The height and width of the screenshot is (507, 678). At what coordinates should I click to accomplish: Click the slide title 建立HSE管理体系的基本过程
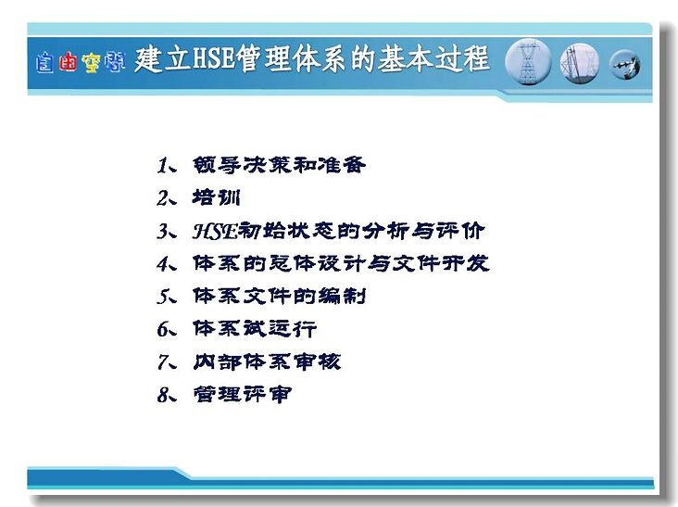pyautogui.click(x=312, y=58)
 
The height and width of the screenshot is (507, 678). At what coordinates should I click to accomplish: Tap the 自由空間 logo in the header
pyautogui.click(x=81, y=63)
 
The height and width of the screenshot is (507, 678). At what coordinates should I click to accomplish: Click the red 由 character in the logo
pyautogui.click(x=68, y=62)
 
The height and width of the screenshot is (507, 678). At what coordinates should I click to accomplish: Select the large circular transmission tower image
pyautogui.click(x=528, y=62)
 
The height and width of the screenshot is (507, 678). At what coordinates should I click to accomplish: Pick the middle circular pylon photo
pyautogui.click(x=580, y=63)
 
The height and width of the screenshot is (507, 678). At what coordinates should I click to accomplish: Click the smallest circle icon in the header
pyautogui.click(x=624, y=65)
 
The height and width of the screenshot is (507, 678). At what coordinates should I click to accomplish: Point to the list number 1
pyautogui.click(x=163, y=166)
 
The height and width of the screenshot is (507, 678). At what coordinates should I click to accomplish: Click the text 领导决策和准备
pyautogui.click(x=280, y=165)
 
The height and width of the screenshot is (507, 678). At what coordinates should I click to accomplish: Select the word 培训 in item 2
pyautogui.click(x=216, y=197)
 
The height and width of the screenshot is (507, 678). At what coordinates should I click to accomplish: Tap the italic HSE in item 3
pyautogui.click(x=215, y=231)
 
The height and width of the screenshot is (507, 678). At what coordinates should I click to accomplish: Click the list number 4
pyautogui.click(x=163, y=264)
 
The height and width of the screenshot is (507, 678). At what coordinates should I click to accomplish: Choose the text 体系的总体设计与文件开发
pyautogui.click(x=341, y=263)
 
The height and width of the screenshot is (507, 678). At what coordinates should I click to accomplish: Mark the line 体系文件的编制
pyautogui.click(x=280, y=297)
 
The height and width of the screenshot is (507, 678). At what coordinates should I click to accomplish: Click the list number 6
pyautogui.click(x=163, y=330)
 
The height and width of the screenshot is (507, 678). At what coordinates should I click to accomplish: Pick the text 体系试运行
pyautogui.click(x=255, y=329)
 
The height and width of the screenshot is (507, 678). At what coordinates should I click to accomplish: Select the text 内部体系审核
pyautogui.click(x=267, y=362)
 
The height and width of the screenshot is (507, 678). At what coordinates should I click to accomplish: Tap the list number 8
pyautogui.click(x=163, y=395)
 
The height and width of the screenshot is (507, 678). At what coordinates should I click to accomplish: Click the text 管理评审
pyautogui.click(x=242, y=395)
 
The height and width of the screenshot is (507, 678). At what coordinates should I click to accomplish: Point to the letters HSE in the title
pyautogui.click(x=214, y=58)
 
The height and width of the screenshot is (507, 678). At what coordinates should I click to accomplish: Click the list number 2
pyautogui.click(x=163, y=198)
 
